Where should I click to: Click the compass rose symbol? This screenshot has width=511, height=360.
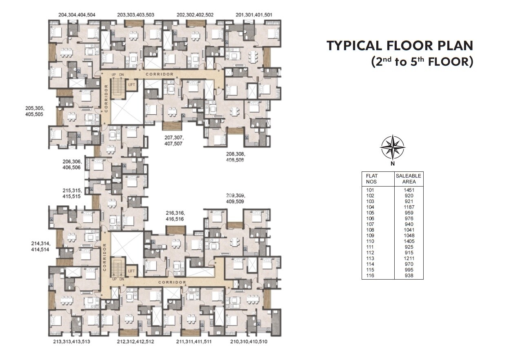tap(393, 147)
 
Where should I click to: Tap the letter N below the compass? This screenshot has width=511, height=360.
tap(393, 164)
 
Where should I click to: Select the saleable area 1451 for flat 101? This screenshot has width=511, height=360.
tap(409, 190)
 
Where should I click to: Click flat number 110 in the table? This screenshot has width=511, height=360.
tap(370, 241)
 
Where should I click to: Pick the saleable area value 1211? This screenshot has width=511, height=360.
tap(409, 258)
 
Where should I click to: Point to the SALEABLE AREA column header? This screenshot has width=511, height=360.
tap(409, 179)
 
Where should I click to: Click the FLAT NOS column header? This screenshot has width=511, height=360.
tap(371, 179)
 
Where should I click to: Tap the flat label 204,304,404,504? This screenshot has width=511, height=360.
tap(77, 15)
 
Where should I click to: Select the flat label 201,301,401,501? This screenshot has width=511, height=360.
tap(254, 15)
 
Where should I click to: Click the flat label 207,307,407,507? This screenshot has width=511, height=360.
tap(174, 141)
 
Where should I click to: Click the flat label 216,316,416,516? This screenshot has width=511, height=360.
tap(175, 216)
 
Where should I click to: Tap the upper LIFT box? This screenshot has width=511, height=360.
tap(132, 84)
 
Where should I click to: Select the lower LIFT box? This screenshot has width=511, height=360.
tap(132, 271)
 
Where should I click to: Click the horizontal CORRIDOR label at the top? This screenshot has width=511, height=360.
tap(160, 74)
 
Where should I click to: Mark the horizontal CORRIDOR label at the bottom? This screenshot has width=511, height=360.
tap(172, 282)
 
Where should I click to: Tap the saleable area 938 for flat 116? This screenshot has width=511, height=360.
tap(409, 276)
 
